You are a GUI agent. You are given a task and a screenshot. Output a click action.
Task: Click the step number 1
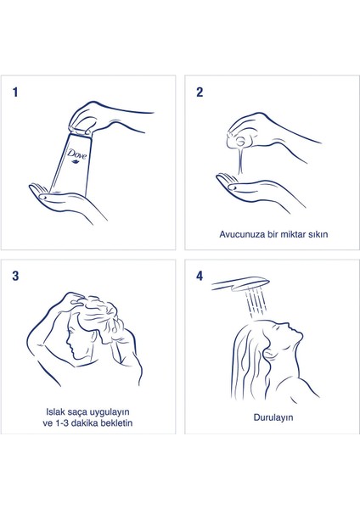(15, 92)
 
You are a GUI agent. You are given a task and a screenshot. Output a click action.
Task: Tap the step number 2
(200, 92)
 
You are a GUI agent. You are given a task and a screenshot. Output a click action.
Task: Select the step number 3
(15, 276)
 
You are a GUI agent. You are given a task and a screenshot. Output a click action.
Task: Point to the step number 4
(200, 276)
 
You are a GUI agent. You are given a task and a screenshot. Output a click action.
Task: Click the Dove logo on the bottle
(76, 155)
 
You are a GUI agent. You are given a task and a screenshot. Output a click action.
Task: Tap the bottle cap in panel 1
(80, 130)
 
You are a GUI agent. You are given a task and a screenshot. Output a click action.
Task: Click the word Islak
(55, 411)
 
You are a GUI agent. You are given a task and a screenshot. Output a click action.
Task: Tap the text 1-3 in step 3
(61, 423)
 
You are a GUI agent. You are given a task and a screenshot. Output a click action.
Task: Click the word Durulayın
(273, 417)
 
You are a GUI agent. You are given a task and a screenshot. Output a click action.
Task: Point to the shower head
(241, 283)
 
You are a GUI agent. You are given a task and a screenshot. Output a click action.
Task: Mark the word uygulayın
(110, 412)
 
